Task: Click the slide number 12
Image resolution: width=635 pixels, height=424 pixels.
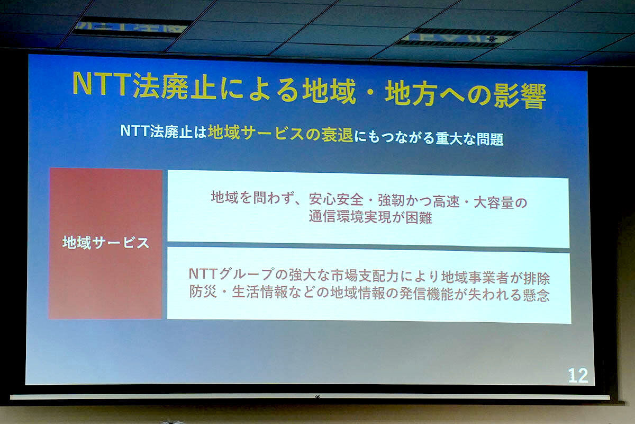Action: [x=578, y=376]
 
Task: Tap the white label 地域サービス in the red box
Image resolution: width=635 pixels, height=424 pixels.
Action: [x=106, y=243]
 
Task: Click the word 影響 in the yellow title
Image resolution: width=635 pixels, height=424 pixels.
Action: [x=520, y=96]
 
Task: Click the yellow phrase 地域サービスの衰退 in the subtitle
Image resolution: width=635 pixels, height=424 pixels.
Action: [x=280, y=133]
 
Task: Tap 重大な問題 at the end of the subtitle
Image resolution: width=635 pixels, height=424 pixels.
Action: [x=469, y=138]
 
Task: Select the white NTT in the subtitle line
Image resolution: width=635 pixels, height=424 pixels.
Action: [x=134, y=130]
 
